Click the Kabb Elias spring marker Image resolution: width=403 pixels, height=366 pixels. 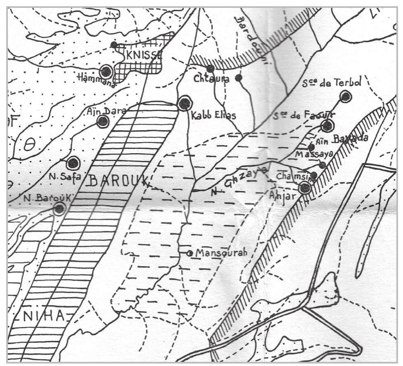coord(185,103)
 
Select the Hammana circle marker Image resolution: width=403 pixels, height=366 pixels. coord(107,71)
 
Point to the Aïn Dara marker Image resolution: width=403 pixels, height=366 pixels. coord(102,121)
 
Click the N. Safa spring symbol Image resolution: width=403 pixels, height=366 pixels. coord(73,163)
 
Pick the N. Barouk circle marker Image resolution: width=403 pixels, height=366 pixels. coord(59,208)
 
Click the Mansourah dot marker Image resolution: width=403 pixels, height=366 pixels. coord(189,253)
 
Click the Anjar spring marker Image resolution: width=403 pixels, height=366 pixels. coord(305,188)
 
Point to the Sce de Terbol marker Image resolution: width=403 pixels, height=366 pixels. coord(345,97)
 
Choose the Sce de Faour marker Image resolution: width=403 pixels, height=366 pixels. coord(327,126)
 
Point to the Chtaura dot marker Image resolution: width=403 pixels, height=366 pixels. coord(211,68)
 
